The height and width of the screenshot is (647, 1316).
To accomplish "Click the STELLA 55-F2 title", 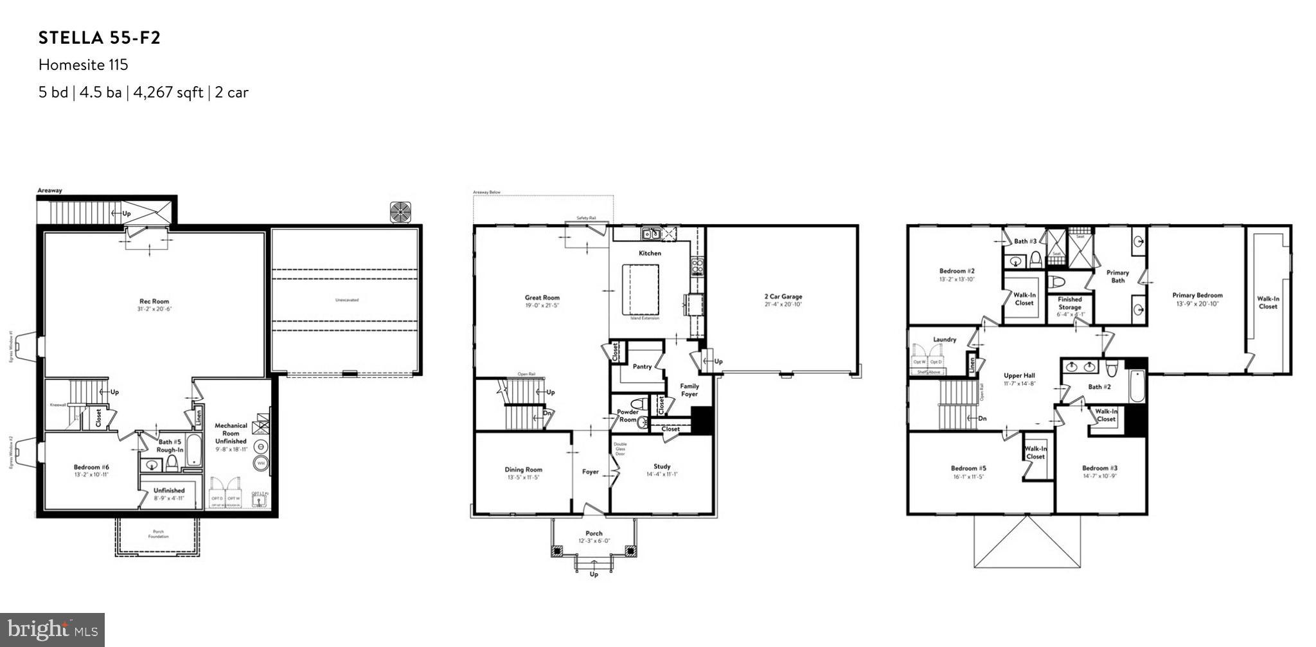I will click(100, 38).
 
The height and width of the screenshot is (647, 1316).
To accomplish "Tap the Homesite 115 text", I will click(83, 65).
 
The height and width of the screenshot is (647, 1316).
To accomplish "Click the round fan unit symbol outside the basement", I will click(401, 213).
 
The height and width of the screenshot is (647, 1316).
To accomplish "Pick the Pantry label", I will click(642, 366).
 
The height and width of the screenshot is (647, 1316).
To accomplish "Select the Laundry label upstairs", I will click(945, 339).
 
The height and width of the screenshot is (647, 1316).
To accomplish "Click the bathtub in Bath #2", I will click(1137, 386).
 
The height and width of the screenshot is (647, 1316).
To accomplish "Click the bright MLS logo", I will click(52, 629).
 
